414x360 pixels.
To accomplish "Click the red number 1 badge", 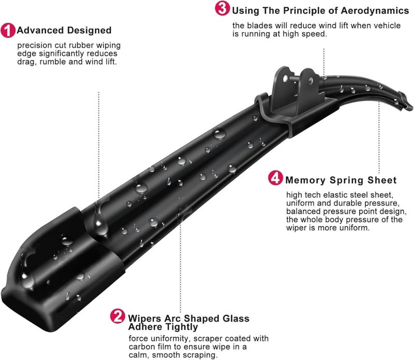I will [x=8, y=31].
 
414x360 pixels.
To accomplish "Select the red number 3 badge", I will [x=223, y=9].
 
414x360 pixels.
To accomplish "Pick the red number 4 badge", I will [x=276, y=179].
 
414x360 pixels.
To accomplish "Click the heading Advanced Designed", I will [x=64, y=31].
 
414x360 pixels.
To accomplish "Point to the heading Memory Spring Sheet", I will [x=341, y=180].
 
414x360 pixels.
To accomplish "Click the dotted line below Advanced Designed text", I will [x=99, y=145].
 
